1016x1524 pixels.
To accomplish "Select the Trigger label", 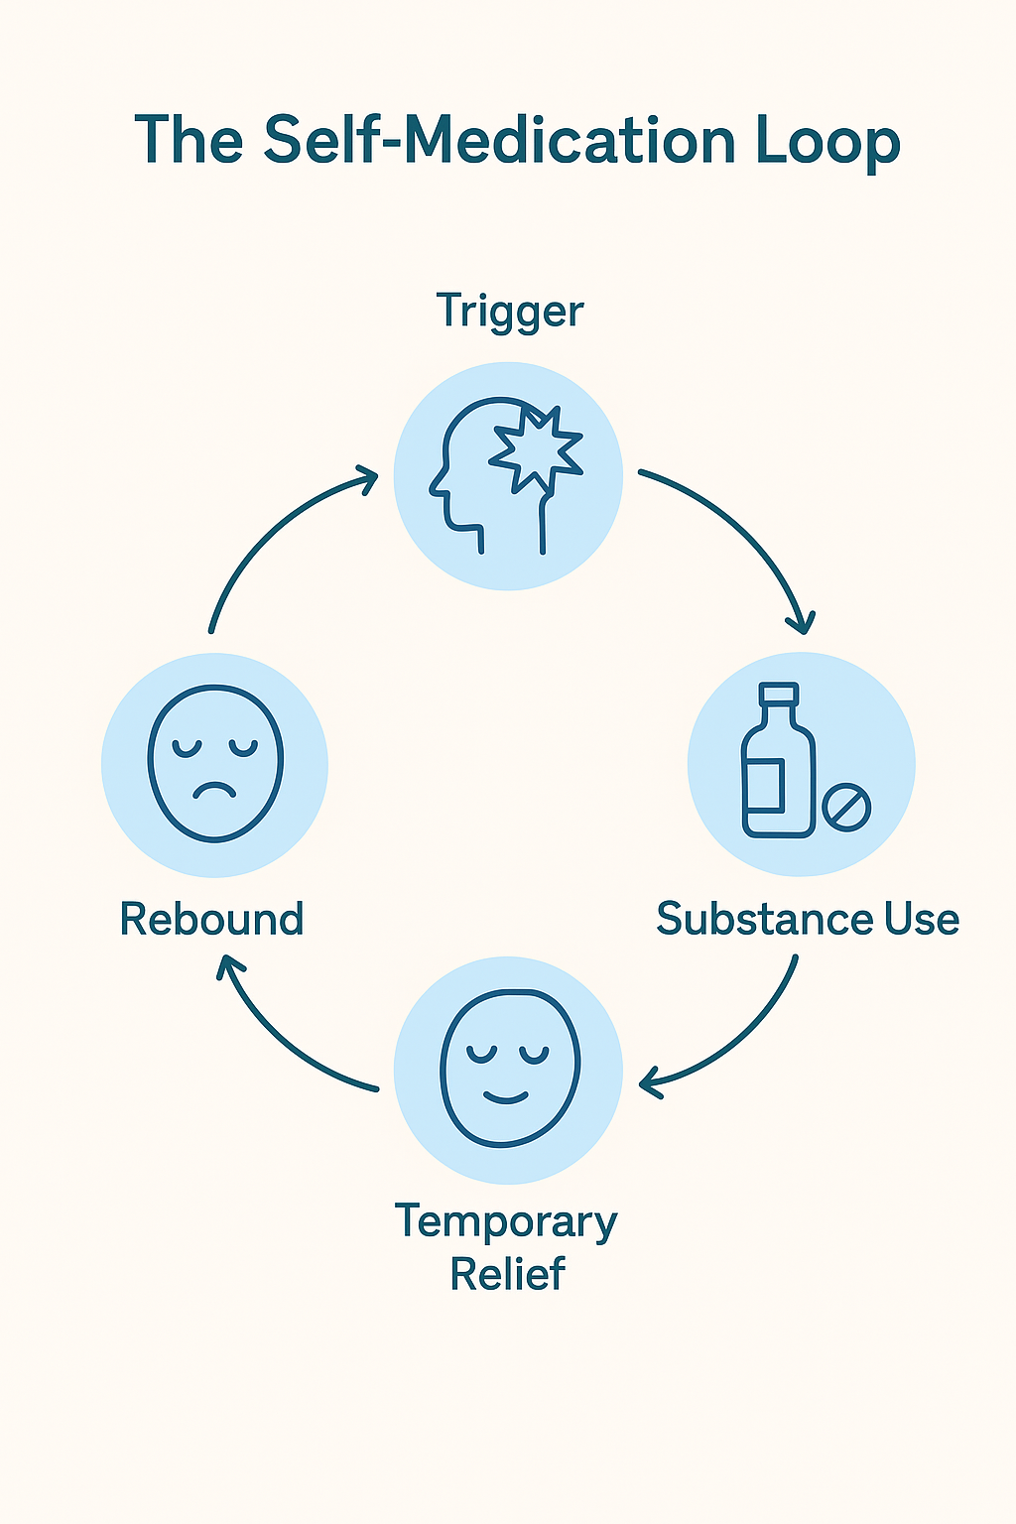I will (x=510, y=312).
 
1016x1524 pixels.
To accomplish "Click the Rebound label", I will (x=211, y=919).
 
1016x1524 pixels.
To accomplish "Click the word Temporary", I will (x=506, y=1222).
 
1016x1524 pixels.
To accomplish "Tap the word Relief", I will (x=507, y=1274).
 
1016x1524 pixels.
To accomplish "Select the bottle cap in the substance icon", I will (x=778, y=695).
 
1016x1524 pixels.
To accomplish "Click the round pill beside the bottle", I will (x=846, y=808).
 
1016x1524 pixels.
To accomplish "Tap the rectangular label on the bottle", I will (x=766, y=784).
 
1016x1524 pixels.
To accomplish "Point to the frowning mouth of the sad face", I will (x=214, y=790).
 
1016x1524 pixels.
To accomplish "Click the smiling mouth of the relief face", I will (x=506, y=1097).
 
